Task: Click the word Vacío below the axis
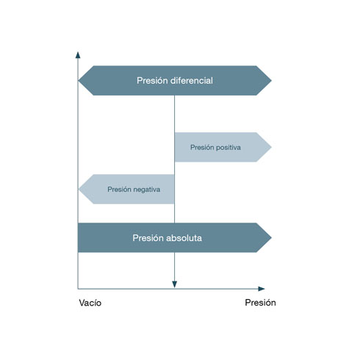(x=90, y=303)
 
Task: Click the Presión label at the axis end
(x=260, y=303)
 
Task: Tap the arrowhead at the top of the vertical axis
(x=78, y=55)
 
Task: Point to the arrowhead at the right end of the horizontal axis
(x=262, y=289)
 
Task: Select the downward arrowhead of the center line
(x=174, y=284)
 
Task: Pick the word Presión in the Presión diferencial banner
(x=152, y=81)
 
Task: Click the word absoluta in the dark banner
(x=184, y=238)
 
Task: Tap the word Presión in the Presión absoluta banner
(x=148, y=238)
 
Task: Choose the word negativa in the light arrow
(x=147, y=190)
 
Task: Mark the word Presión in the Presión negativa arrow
(x=119, y=190)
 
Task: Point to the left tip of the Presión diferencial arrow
(x=79, y=80)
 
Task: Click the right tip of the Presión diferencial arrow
(x=271, y=80)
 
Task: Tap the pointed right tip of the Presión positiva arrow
(x=271, y=147)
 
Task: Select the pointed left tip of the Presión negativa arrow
(x=79, y=189)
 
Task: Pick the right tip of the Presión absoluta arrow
(x=271, y=237)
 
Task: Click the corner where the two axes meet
(x=78, y=289)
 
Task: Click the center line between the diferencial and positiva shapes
(x=174, y=114)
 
